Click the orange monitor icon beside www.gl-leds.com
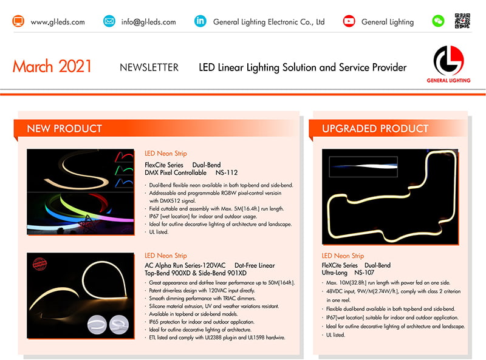click(18, 21)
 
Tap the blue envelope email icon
click(109, 21)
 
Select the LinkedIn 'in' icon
click(200, 21)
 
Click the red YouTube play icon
click(349, 21)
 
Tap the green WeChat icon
click(438, 21)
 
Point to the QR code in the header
click(462, 21)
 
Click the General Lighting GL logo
click(448, 64)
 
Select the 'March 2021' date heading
click(52, 66)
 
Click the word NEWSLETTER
click(149, 67)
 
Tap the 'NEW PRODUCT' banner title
click(64, 129)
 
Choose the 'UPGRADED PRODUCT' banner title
click(375, 129)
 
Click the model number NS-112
click(227, 172)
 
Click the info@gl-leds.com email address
click(148, 22)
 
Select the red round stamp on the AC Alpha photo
click(39, 264)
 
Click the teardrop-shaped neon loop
click(105, 280)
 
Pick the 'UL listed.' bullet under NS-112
click(159, 232)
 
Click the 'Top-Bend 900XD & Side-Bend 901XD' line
click(196, 273)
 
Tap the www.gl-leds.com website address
click(58, 22)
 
